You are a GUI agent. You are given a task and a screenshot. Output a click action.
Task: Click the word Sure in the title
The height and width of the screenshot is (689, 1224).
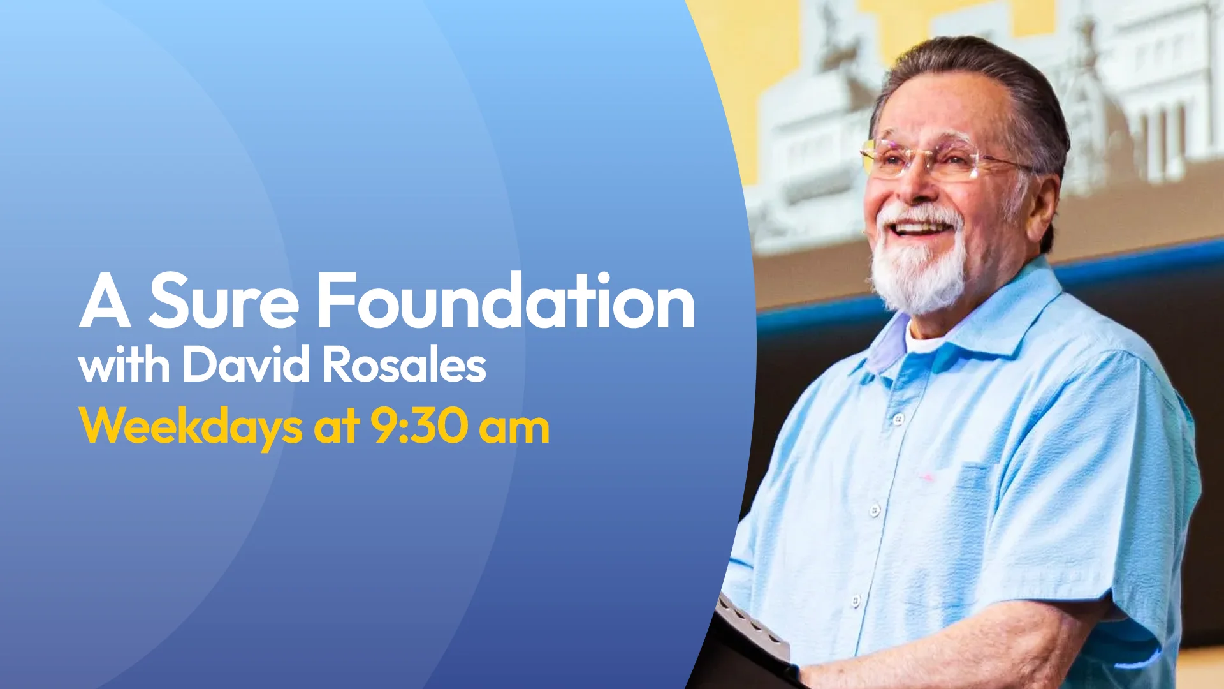(x=223, y=300)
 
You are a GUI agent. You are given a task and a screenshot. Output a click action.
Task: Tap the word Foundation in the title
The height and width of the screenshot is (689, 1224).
(x=506, y=299)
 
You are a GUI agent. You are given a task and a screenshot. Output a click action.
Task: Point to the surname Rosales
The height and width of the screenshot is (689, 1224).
(x=404, y=365)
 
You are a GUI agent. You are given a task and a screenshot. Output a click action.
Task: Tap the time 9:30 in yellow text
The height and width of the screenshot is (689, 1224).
(x=419, y=426)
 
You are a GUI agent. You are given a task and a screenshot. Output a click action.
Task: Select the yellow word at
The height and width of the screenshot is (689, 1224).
(x=337, y=428)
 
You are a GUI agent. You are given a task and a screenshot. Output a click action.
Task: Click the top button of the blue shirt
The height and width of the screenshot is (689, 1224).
(x=898, y=419)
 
